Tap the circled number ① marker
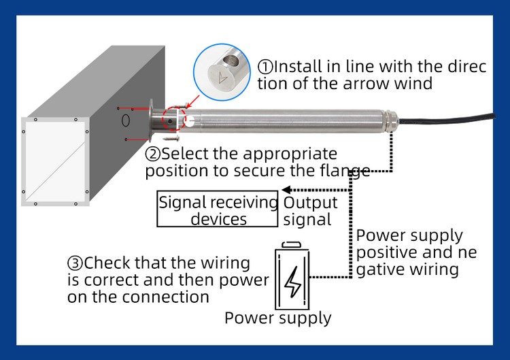tap(265, 67)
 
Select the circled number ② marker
tap(153, 154)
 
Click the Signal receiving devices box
tap(218, 210)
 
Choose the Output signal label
tap(310, 211)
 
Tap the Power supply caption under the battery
tap(277, 318)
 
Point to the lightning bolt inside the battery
tap(292, 280)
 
